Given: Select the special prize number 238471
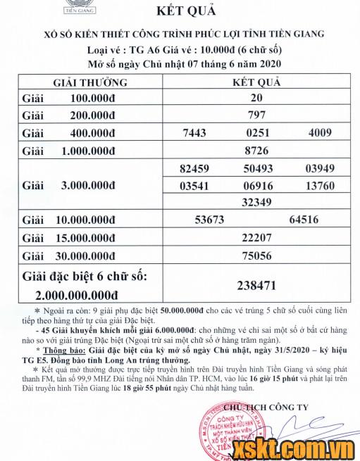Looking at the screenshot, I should (256, 286).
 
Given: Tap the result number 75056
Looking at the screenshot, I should (256, 256).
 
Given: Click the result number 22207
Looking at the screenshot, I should (256, 238).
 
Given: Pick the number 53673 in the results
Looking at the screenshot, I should (209, 220).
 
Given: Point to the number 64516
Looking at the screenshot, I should (304, 220).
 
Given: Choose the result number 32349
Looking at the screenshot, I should (256, 202).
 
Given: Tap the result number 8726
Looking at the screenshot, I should (256, 150).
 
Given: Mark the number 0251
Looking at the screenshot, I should (256, 132).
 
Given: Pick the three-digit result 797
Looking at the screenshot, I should (256, 114).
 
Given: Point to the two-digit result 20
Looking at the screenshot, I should (256, 97).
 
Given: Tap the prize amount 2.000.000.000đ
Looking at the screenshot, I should (78, 295).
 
